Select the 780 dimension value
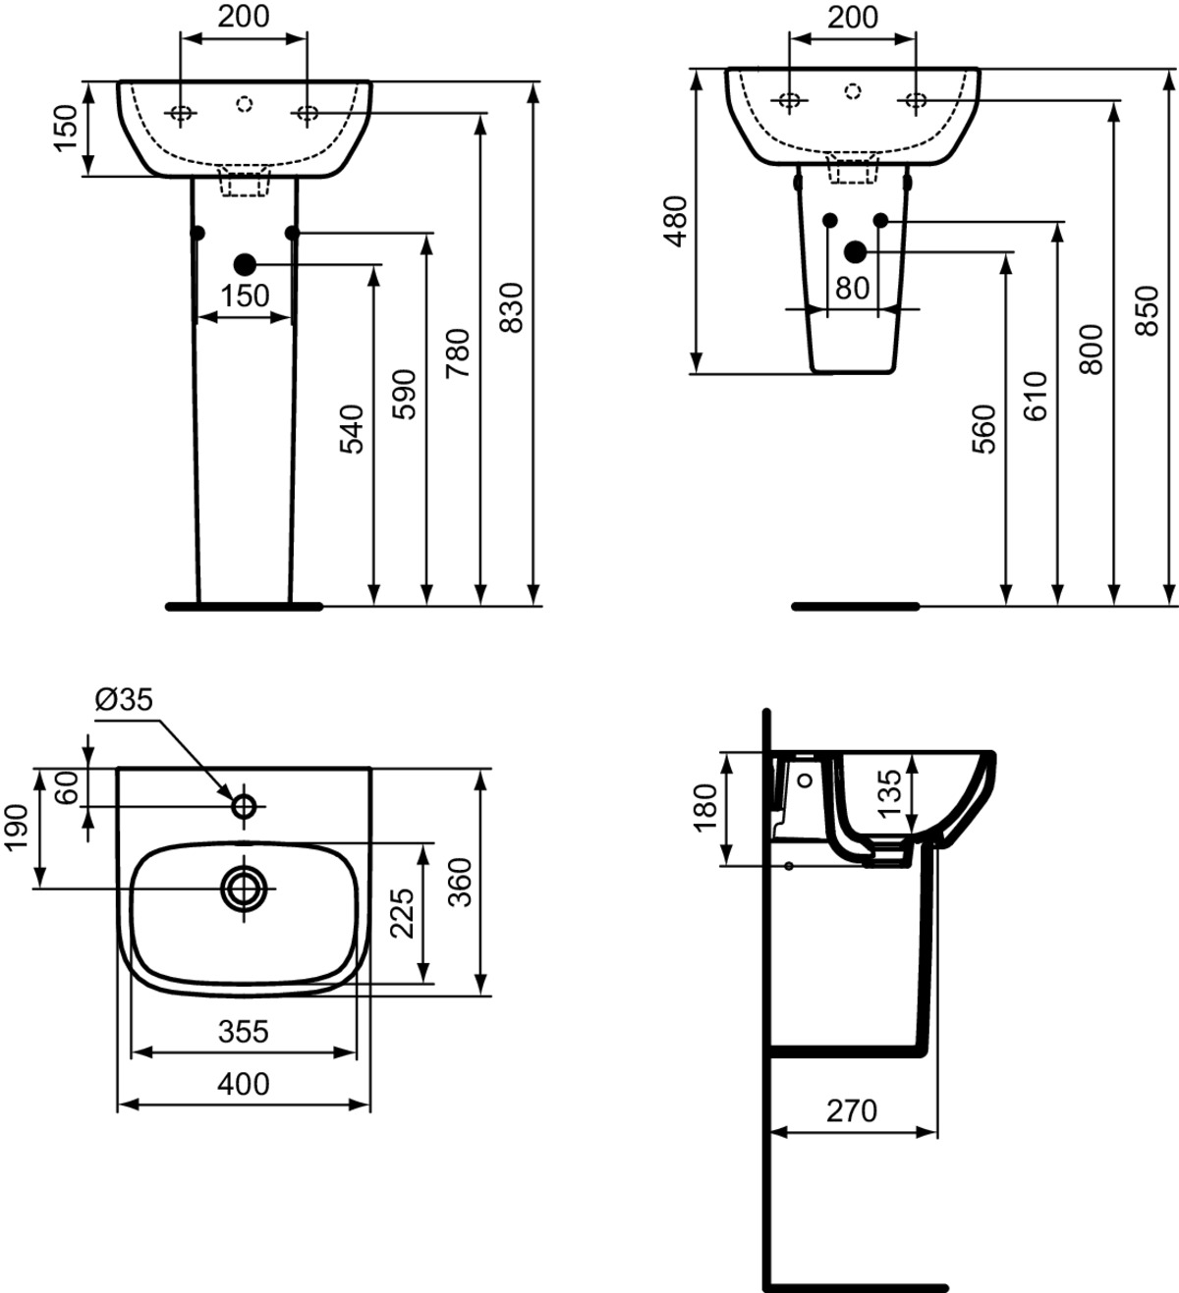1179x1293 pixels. tap(459, 353)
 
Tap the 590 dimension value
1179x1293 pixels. tap(405, 393)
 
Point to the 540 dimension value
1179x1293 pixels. tap(352, 428)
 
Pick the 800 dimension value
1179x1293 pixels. tap(1093, 349)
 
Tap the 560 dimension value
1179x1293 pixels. tap(984, 428)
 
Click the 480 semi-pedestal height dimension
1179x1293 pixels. tap(677, 221)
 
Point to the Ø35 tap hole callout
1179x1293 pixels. tap(125, 700)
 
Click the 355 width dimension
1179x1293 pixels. tap(244, 1032)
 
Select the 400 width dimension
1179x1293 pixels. tap(244, 1084)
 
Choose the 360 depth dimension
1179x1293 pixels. tap(459, 882)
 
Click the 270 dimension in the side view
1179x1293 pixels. tap(851, 1110)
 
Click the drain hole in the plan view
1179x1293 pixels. tap(243, 888)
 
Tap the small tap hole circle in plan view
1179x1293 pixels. tap(243, 806)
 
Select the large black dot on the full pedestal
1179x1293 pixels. tap(245, 263)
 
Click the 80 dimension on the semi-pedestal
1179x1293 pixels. tap(853, 288)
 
